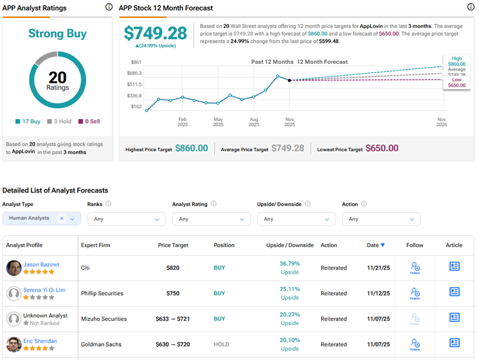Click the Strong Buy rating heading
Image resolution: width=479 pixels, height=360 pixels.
(x=57, y=34)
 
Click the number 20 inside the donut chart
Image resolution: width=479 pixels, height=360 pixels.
(x=57, y=77)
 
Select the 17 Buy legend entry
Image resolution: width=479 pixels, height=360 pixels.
(x=29, y=121)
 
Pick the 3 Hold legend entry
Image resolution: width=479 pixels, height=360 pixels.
(x=61, y=121)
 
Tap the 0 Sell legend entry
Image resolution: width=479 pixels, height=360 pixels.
(x=90, y=121)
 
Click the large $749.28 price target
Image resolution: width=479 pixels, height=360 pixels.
(x=155, y=33)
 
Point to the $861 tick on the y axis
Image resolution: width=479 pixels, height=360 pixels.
(x=136, y=62)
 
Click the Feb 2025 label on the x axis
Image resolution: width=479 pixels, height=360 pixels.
(x=182, y=122)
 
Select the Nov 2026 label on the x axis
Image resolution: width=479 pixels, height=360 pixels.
(x=441, y=122)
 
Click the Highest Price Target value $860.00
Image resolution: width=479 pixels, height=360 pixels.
(x=192, y=148)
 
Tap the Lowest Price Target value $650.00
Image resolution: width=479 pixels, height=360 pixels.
(x=382, y=148)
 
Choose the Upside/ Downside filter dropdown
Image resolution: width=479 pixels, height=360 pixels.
(x=296, y=219)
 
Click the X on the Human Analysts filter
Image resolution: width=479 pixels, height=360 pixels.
(x=62, y=218)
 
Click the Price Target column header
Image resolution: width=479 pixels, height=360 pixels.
(x=173, y=245)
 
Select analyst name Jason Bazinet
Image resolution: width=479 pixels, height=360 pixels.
(x=41, y=263)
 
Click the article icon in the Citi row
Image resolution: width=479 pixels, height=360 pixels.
(x=454, y=266)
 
